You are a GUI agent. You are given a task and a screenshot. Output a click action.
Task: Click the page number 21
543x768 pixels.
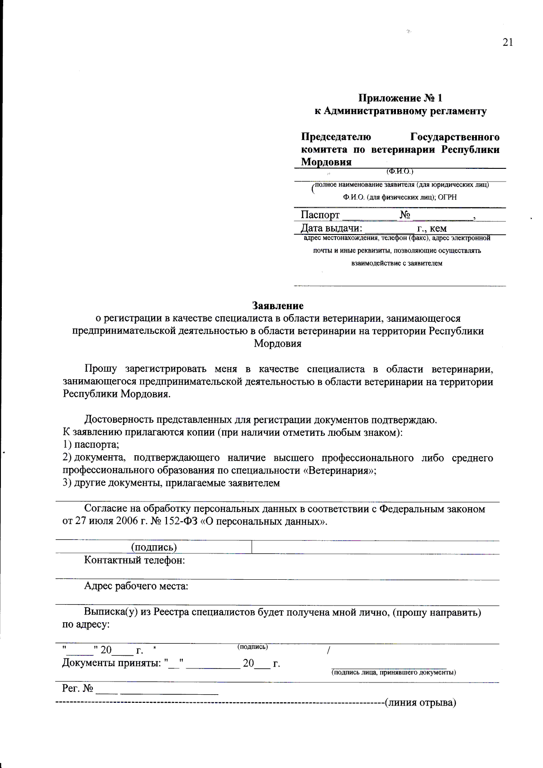(x=508, y=42)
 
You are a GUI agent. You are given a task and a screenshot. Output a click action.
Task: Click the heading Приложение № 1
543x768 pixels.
(x=400, y=98)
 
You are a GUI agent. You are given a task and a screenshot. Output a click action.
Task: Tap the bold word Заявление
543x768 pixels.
(x=278, y=306)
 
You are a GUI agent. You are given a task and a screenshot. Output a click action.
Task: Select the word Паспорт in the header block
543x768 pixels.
(x=320, y=215)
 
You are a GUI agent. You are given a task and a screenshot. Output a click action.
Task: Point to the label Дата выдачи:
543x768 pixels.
(x=331, y=228)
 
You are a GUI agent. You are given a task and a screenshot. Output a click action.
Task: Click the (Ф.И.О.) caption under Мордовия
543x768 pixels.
(x=400, y=172)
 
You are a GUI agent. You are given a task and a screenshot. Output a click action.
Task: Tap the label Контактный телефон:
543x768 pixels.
(x=134, y=560)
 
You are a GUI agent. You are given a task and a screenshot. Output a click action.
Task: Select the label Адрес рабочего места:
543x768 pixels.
(x=136, y=586)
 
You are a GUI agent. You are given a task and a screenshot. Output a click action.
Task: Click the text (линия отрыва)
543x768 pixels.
(x=420, y=702)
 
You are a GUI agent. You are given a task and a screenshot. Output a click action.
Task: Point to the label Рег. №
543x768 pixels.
(x=77, y=688)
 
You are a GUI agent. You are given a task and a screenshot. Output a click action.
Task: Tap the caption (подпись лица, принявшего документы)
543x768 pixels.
(x=393, y=673)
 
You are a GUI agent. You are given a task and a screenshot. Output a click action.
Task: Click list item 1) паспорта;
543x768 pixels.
(x=90, y=445)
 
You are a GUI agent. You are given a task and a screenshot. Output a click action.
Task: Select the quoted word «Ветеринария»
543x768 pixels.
(x=339, y=470)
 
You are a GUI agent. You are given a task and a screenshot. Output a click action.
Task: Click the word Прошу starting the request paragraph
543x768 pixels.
(x=100, y=369)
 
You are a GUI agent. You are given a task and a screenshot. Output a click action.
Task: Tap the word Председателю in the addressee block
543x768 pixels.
(x=336, y=137)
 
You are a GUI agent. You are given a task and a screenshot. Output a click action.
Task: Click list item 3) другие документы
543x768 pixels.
(x=171, y=483)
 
